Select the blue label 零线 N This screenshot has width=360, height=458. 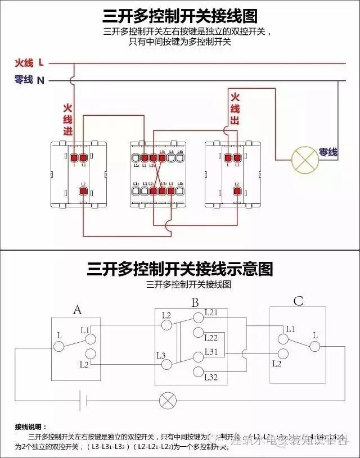(30, 80)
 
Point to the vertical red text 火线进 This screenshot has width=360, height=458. (67, 119)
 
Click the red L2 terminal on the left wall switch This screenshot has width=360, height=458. (83, 192)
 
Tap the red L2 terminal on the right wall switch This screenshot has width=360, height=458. (237, 192)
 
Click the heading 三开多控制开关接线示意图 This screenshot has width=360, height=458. (180, 269)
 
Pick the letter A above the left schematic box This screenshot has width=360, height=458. (78, 309)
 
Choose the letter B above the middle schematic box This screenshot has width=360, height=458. (195, 303)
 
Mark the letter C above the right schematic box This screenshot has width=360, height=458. (298, 302)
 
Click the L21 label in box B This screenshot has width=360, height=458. (211, 312)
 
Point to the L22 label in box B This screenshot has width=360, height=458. (211, 338)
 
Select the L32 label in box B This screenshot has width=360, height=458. (211, 377)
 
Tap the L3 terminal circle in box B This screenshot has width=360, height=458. (166, 364)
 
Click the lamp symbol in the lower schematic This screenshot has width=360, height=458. (167, 401)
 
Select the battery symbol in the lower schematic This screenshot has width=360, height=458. (85, 401)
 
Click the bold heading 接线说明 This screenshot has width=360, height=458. (31, 427)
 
